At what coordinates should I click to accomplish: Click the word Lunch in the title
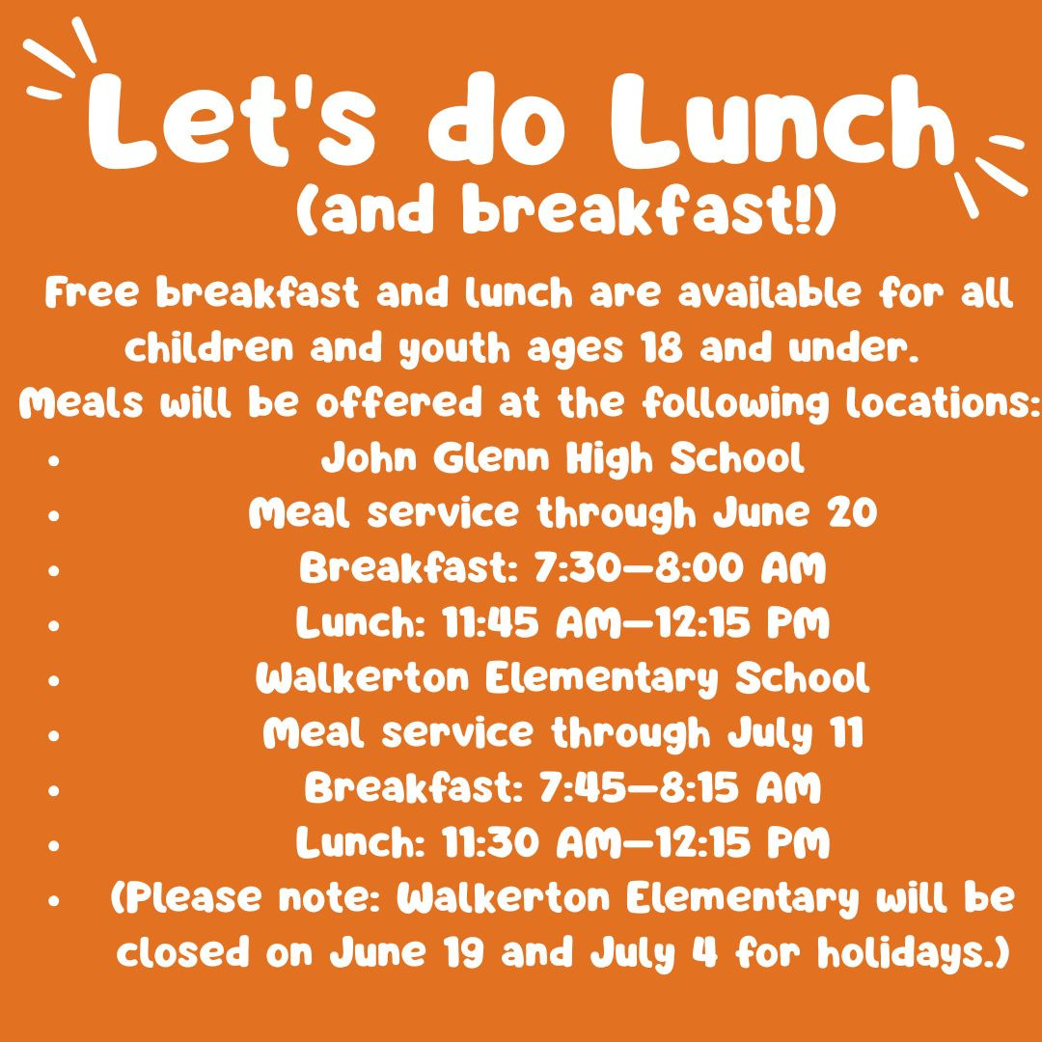[x=783, y=123]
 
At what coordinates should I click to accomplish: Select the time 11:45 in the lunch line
[x=490, y=623]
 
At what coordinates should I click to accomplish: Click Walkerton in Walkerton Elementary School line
[x=363, y=678]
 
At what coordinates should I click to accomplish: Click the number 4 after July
[x=710, y=953]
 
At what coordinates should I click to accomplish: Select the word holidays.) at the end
[x=914, y=953]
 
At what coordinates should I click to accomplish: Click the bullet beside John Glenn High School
[x=54, y=459]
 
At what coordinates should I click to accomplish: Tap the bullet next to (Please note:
[x=54, y=900]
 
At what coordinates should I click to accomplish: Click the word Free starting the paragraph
[x=92, y=293]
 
